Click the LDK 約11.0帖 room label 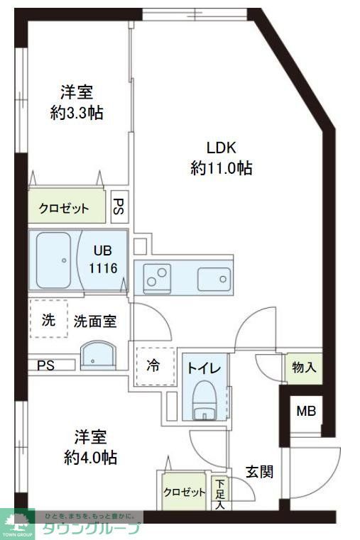point(221,158)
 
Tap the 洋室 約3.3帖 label point(77,102)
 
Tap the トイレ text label point(205,368)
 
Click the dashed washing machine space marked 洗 point(48,319)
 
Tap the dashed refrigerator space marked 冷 point(154,366)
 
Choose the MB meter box point(306,410)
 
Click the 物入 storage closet point(304,368)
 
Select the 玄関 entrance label point(259,471)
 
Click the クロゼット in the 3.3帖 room point(65,208)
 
